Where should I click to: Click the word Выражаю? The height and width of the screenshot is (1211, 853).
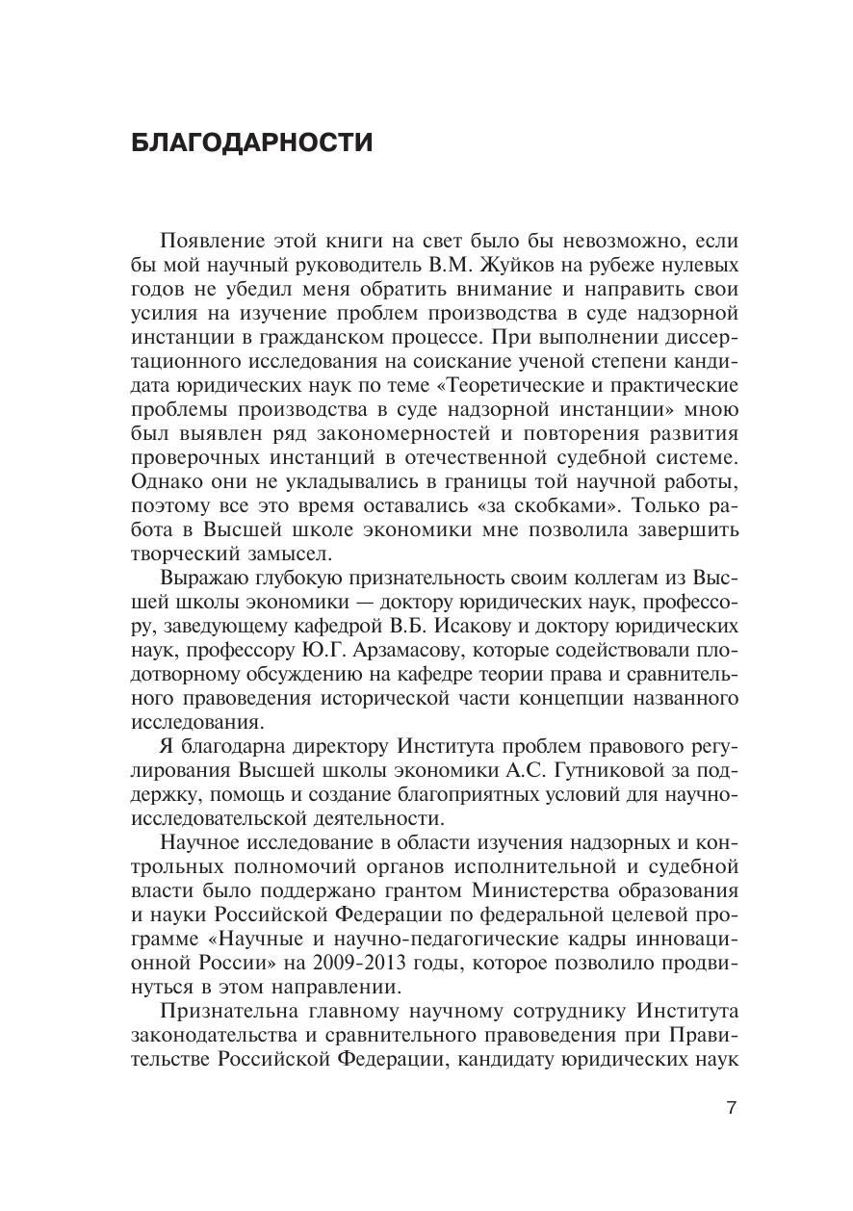pos(205,578)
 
